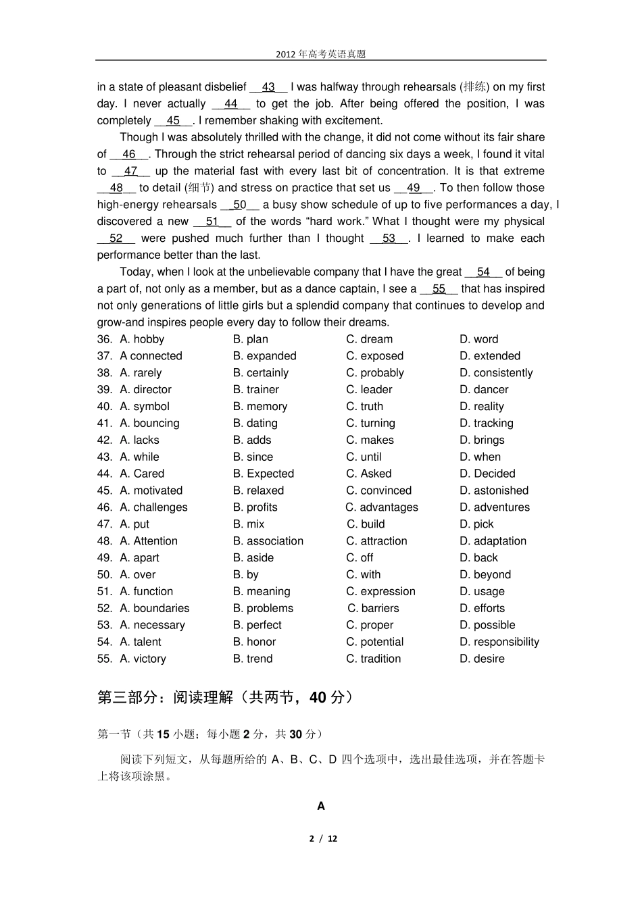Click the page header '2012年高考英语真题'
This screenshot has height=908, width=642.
[x=320, y=54]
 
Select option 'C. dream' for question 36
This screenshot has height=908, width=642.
[x=369, y=339]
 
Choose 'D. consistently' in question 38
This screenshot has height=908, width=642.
[x=496, y=373]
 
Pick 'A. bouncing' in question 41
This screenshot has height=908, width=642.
[x=149, y=424]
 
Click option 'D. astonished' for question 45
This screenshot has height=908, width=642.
[x=494, y=490]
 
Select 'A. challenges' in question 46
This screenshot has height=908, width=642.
[x=153, y=507]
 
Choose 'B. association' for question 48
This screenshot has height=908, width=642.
[x=268, y=541]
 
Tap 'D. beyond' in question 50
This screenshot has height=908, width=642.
[x=485, y=575]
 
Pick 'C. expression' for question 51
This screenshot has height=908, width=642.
[x=380, y=592]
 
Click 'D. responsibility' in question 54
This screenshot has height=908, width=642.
[x=499, y=642]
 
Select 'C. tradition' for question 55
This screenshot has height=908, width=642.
[x=373, y=659]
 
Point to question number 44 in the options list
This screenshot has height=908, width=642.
[x=105, y=474]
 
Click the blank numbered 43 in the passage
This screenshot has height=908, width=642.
[x=268, y=87]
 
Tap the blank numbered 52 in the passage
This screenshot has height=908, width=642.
[x=116, y=238]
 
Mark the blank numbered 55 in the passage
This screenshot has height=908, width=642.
[x=439, y=289]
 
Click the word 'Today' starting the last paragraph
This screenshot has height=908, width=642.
[x=134, y=272]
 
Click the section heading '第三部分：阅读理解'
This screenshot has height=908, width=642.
[x=166, y=697]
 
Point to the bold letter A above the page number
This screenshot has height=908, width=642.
[x=321, y=806]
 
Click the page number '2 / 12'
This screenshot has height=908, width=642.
[x=323, y=839]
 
